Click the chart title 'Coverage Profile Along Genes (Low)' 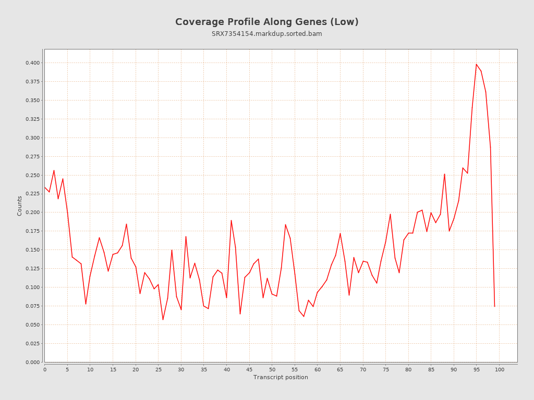[266, 22]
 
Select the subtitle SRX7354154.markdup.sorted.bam [266, 34]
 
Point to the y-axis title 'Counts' [20, 206]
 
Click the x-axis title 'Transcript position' [281, 377]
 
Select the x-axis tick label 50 [272, 369]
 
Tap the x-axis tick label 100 [500, 369]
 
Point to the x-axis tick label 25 [159, 369]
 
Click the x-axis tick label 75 [386, 369]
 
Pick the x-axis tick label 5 [67, 369]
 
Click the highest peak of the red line [476, 64]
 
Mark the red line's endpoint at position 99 [494, 306]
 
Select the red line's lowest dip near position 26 [163, 320]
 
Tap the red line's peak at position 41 [231, 220]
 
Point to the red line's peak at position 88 [444, 174]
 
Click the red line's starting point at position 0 [45, 187]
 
